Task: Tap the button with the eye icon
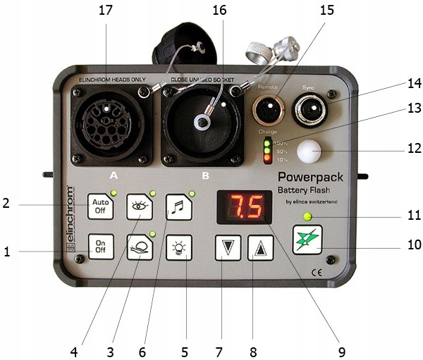tap(139, 207)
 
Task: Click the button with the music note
tap(178, 207)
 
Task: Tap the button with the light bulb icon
tap(178, 249)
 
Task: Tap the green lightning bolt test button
tap(307, 239)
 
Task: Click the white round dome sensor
tap(308, 153)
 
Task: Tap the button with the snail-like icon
tap(139, 249)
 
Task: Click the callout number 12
tap(414, 149)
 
